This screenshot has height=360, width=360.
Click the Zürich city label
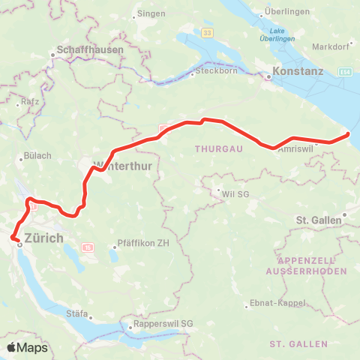click(x=45, y=238)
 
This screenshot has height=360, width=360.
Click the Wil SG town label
click(x=235, y=193)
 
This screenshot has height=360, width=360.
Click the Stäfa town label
click(x=78, y=313)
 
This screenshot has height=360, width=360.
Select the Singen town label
click(x=145, y=15)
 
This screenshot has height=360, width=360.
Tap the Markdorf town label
click(x=332, y=46)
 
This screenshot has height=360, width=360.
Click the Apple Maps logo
click(x=26, y=347)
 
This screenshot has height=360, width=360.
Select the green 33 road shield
click(x=207, y=32)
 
